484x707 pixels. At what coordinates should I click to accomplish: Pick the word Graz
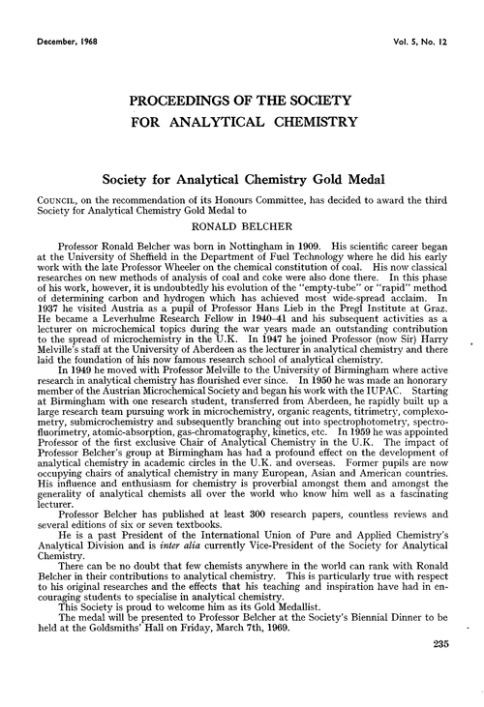point(427,334)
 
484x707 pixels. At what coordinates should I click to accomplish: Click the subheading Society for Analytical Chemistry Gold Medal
point(242,178)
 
